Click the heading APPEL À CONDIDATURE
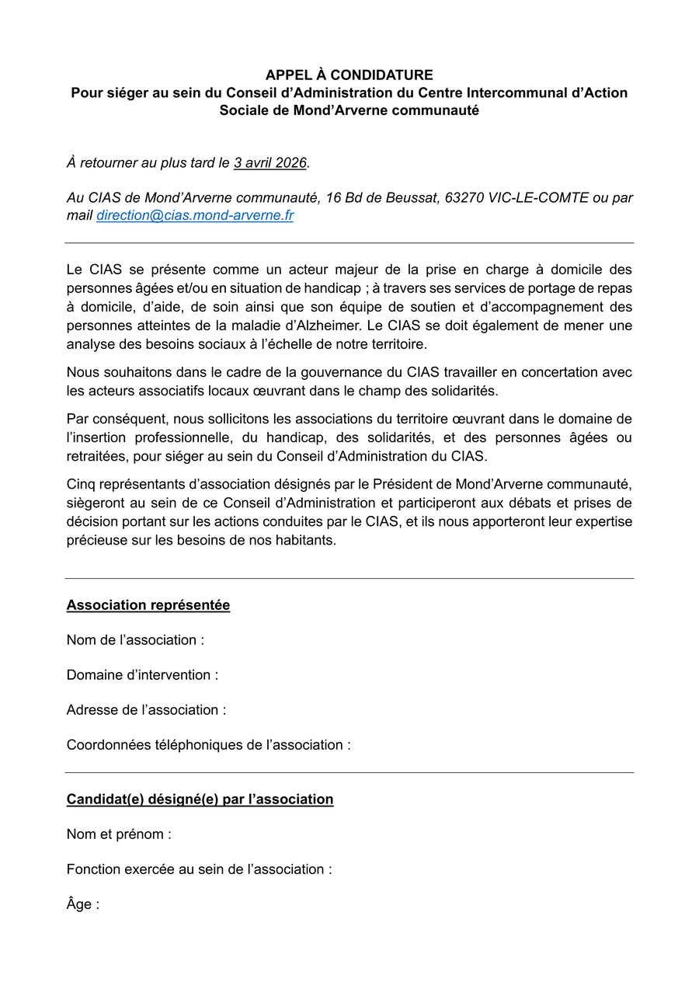pos(349,75)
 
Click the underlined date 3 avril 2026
pos(270,163)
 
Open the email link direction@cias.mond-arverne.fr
pos(195,216)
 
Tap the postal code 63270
pos(464,198)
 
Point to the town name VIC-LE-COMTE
pos(539,198)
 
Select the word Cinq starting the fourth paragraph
pos(81,485)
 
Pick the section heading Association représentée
pos(148,605)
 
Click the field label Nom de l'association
pos(135,640)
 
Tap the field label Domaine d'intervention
pos(142,675)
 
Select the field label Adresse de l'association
pos(146,710)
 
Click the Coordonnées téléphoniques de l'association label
pos(208,745)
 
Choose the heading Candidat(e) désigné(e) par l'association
pos(200,799)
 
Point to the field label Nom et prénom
pos(119,834)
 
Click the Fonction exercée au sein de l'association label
pos(199,869)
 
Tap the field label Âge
pos(82,904)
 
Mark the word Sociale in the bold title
pos(242,110)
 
